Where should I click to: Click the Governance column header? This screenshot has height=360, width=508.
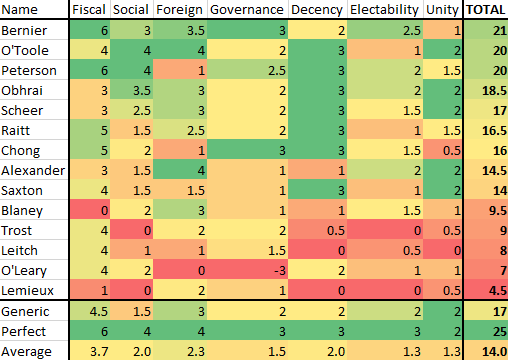[247, 10]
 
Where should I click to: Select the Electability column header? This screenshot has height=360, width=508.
[384, 10]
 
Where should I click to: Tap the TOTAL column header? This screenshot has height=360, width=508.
[486, 10]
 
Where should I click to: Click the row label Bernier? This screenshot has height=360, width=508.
[24, 30]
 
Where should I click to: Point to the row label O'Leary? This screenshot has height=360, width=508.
[24, 270]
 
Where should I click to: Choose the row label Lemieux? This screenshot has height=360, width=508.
[27, 290]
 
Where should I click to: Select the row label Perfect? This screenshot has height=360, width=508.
[24, 331]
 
